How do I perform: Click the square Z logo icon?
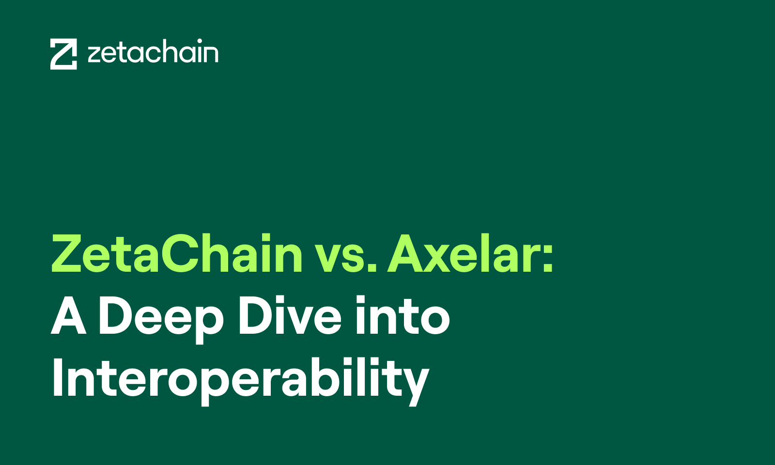tap(63, 54)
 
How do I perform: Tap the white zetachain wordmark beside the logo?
tap(153, 51)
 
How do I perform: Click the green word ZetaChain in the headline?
tap(177, 254)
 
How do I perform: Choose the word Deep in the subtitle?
tap(161, 320)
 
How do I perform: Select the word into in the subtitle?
tap(403, 315)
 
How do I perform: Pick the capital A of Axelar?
tap(406, 254)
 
